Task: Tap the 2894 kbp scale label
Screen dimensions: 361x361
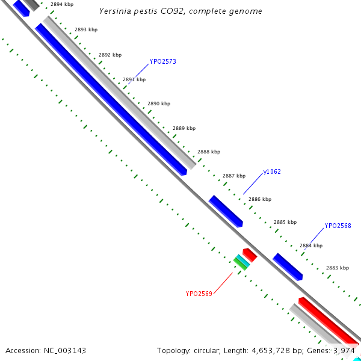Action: click(61, 4)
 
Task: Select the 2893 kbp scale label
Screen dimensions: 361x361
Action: click(85, 29)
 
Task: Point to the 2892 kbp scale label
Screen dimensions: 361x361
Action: click(110, 55)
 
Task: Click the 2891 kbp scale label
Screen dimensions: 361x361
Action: click(134, 79)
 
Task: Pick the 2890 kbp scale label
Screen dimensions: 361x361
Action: click(159, 104)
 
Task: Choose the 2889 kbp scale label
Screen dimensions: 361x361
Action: click(184, 128)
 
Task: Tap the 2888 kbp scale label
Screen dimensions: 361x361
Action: click(209, 152)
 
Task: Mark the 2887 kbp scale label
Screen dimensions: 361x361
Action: click(234, 176)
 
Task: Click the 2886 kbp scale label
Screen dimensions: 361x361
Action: click(260, 199)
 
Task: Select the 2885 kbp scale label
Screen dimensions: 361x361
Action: click(285, 222)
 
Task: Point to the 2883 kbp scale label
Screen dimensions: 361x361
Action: click(338, 268)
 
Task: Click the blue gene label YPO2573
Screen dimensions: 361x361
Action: click(162, 61)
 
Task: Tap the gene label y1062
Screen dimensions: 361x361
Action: click(272, 172)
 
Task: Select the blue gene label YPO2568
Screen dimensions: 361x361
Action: click(338, 226)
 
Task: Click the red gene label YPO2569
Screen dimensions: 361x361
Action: click(199, 294)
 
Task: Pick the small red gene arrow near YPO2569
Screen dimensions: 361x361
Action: click(250, 255)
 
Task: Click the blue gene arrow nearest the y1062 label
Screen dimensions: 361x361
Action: click(226, 211)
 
